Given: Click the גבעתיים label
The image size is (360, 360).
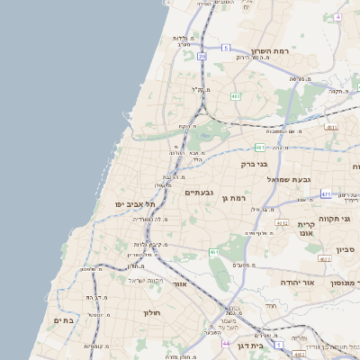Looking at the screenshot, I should click(198, 193).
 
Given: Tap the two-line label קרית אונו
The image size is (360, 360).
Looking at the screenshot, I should click(306, 229).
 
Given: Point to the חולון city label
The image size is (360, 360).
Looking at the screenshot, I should click(150, 313).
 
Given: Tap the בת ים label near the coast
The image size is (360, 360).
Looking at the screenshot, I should click(63, 319).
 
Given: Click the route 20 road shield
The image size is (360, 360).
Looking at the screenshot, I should click(202, 57).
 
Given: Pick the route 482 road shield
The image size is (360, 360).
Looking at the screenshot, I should click(236, 95).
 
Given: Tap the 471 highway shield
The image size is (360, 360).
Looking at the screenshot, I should click(326, 193).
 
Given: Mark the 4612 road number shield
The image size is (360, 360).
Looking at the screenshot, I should click(325, 259).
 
